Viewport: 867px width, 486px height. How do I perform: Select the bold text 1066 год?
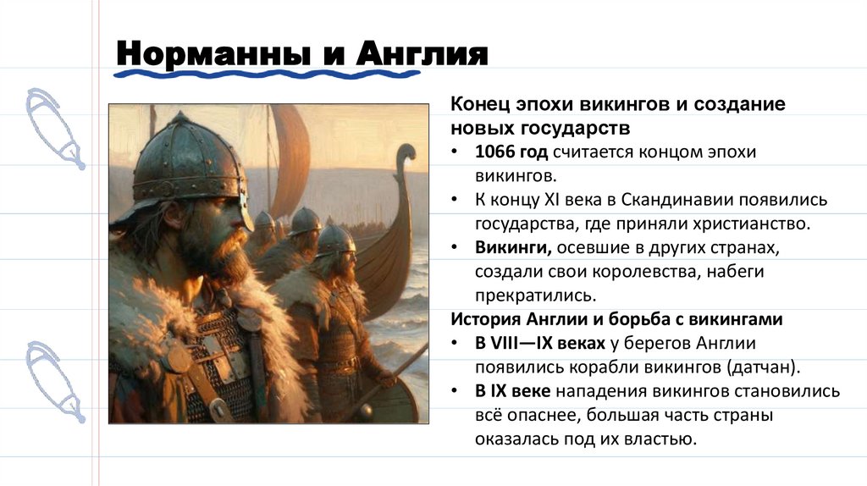pyautogui.click(x=511, y=152)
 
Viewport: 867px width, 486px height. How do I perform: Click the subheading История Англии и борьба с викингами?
pyautogui.click(x=616, y=320)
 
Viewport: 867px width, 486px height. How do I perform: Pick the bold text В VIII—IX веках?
pyautogui.click(x=539, y=344)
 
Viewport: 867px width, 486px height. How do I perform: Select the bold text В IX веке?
pyautogui.click(x=512, y=391)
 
